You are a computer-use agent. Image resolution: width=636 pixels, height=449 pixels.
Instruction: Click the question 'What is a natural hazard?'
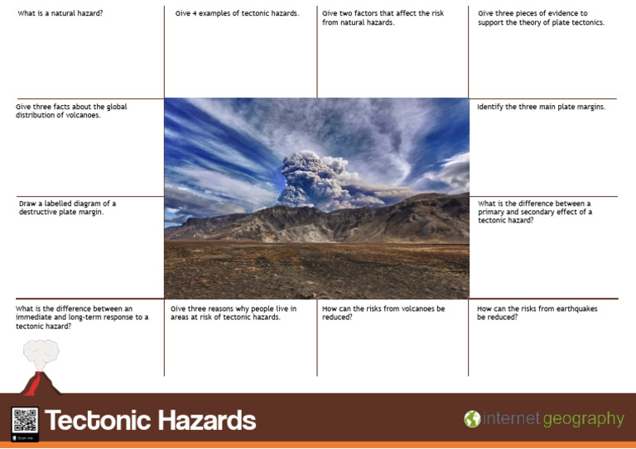point(60,14)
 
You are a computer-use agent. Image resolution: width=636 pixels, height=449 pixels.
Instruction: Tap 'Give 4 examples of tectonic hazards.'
point(237,14)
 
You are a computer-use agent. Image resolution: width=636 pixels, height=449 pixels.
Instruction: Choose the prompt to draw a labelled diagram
point(67,208)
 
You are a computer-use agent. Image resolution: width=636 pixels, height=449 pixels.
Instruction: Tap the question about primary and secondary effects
point(534,212)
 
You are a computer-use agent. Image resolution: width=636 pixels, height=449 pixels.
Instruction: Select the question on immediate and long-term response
point(81,318)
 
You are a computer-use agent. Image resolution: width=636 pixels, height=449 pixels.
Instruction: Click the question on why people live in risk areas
point(233,313)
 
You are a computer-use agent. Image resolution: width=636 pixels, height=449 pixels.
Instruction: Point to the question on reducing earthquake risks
point(537,313)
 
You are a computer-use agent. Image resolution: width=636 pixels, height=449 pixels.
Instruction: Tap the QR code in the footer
point(25,421)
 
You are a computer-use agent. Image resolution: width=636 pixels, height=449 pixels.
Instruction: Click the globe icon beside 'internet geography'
point(472,419)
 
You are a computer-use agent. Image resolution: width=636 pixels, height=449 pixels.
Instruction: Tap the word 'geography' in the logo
point(583,419)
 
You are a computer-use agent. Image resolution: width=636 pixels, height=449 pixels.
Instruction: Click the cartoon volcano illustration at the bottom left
point(38,368)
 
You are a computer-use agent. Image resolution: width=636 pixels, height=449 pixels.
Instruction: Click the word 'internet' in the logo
point(511,419)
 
